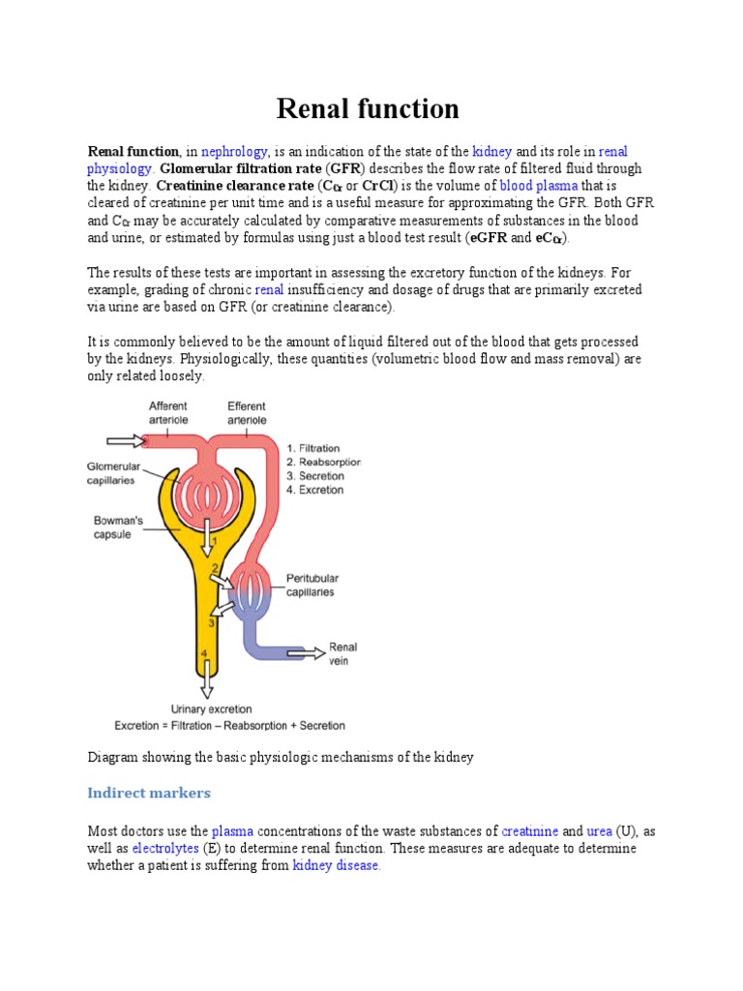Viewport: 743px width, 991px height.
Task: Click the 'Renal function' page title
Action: coord(368,108)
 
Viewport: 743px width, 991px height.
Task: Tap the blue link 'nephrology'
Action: coord(234,152)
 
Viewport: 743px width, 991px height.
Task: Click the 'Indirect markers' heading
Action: coord(149,793)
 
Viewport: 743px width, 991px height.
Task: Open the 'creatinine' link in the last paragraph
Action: coord(530,831)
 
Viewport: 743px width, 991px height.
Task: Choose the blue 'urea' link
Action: coord(599,831)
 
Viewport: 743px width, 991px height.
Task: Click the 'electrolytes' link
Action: coord(165,848)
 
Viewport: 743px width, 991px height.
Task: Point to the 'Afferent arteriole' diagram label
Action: coord(168,412)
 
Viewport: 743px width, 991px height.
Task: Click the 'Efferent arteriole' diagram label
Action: coord(248,412)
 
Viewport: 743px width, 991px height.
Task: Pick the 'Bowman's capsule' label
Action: coord(118,526)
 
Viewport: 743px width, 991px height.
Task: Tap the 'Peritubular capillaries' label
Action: coord(312,586)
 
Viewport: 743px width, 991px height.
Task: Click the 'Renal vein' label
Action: coord(343,653)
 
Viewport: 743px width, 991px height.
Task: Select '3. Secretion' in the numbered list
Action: coord(314,476)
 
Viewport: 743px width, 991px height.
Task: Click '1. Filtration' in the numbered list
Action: coord(313,448)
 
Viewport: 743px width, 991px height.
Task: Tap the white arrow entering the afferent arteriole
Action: coord(125,440)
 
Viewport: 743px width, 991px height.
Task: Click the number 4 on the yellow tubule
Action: coord(203,654)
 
